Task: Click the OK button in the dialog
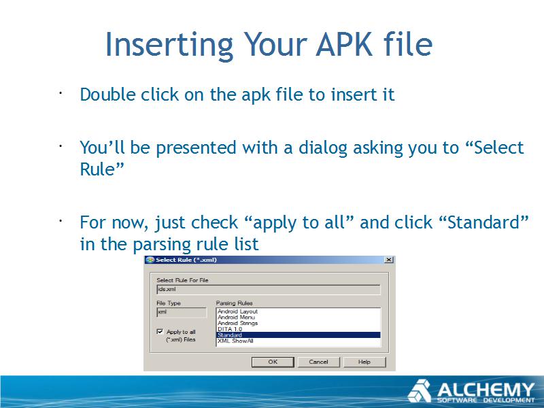[x=273, y=362]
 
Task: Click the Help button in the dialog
[x=364, y=362]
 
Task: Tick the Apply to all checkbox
[x=160, y=332]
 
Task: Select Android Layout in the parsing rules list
[x=237, y=311]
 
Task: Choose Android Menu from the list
[x=236, y=318]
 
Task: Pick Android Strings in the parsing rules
[x=237, y=324]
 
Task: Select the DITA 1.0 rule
[x=230, y=329]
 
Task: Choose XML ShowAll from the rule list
[x=235, y=341]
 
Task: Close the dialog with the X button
[x=389, y=260]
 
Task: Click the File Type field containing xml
[x=182, y=312]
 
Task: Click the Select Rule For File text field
[x=268, y=290]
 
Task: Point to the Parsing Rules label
[x=234, y=303]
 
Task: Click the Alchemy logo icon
[x=419, y=391]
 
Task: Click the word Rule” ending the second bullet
[x=101, y=169]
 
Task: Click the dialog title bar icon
[x=150, y=260]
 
